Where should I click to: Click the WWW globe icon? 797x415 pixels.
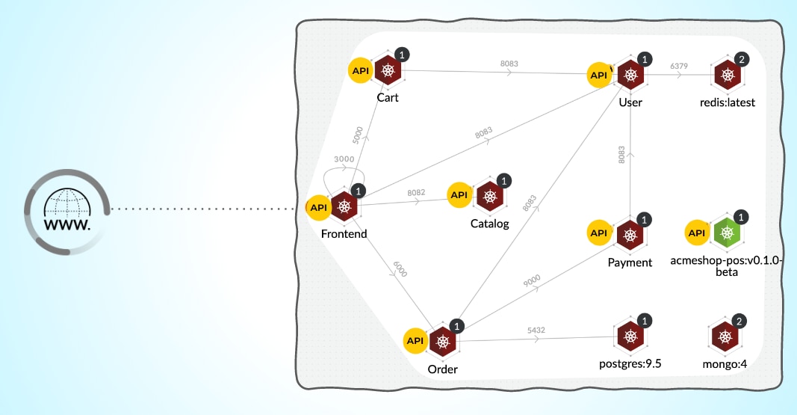tap(67, 211)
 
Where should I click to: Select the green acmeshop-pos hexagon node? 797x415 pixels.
tap(725, 233)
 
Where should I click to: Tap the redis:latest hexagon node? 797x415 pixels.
tap(726, 75)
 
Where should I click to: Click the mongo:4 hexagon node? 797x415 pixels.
tap(725, 337)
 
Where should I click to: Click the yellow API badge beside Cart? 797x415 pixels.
tap(361, 70)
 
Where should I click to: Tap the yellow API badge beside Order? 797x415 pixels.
tap(415, 340)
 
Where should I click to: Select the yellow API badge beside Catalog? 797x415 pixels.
tap(459, 195)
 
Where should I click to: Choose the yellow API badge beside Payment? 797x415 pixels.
tap(600, 233)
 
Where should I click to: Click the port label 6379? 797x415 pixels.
tap(679, 66)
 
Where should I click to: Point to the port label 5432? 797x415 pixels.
tap(536, 329)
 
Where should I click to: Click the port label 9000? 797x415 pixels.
tap(532, 280)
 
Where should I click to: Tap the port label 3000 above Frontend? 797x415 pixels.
tap(344, 159)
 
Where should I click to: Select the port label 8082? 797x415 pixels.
tap(416, 192)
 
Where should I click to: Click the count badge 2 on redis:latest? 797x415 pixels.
tap(741, 59)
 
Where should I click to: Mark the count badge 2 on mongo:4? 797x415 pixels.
tap(739, 322)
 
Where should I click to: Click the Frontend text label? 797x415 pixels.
tap(344, 234)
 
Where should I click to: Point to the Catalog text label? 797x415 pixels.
tap(489, 224)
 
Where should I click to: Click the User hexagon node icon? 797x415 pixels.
tap(631, 75)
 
